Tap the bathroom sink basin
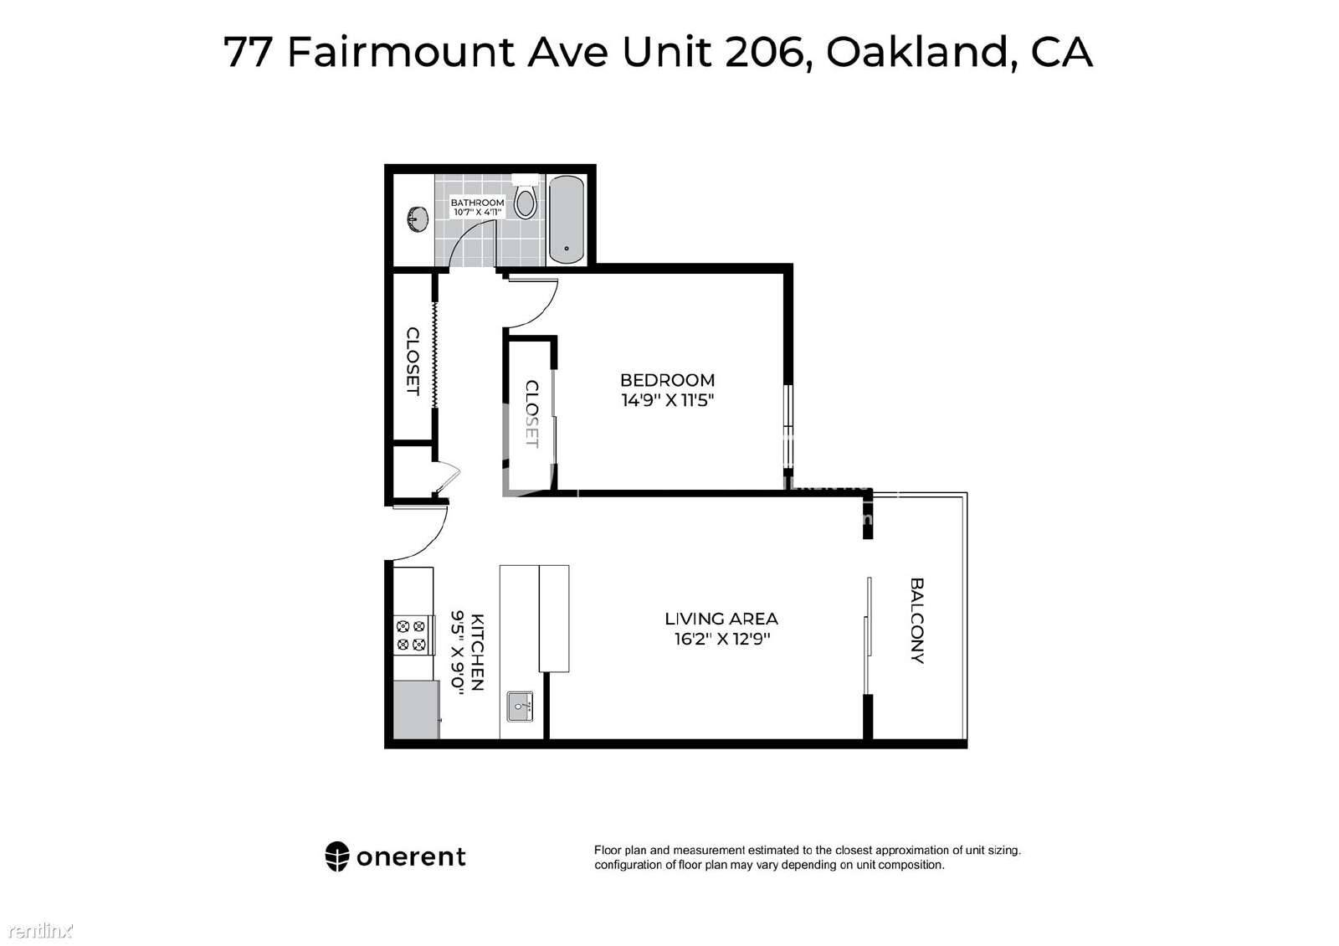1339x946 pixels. (418, 219)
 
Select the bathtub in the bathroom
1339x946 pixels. (566, 219)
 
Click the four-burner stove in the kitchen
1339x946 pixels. (412, 635)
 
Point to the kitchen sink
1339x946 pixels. (520, 707)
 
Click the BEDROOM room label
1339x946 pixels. (667, 380)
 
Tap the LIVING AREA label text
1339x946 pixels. (721, 619)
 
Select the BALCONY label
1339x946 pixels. (917, 620)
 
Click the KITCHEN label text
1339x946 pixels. (477, 652)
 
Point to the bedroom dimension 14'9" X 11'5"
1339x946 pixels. (668, 401)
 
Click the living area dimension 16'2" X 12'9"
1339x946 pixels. (722, 640)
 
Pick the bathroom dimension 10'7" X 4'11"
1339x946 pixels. (477, 213)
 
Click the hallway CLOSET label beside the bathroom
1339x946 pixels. (413, 361)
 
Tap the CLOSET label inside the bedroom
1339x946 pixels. (531, 414)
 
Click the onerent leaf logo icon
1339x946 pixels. (337, 857)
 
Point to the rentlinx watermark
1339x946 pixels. (41, 931)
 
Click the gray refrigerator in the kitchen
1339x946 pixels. (416, 709)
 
